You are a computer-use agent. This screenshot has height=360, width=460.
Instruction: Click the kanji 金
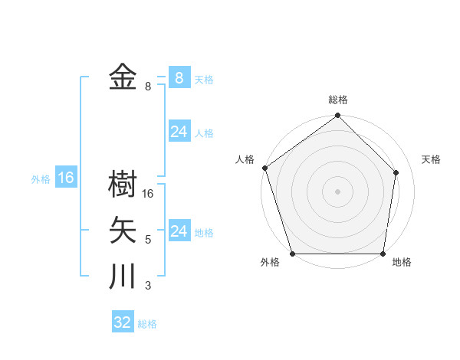coord(123,77)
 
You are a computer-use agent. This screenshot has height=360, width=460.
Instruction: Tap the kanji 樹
coord(123,185)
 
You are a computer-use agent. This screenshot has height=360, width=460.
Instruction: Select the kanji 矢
coord(123,231)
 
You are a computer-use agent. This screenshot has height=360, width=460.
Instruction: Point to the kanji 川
coord(123,277)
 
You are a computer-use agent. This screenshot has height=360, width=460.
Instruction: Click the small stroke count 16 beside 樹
coord(148,195)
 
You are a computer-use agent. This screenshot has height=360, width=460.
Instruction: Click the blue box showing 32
coord(123,322)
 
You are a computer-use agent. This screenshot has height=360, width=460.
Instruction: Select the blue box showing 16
coord(66,178)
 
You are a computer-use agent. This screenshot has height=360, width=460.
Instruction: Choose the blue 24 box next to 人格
coord(179,132)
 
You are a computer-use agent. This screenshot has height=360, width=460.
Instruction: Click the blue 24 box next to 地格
coord(179,231)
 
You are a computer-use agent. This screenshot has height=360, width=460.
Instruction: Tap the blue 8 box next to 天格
coord(179,78)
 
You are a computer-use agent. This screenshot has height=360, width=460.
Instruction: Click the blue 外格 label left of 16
coord(41,180)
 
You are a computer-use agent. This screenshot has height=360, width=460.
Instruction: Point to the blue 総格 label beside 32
coord(147,324)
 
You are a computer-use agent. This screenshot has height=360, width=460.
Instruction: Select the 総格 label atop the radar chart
coord(338,100)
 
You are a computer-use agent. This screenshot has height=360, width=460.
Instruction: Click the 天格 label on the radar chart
coord(432,159)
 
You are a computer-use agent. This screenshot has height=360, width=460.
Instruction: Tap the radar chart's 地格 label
coord(402,262)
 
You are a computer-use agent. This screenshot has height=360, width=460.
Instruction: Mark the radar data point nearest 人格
coord(264,168)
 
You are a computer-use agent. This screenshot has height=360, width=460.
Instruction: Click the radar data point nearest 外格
coord(293,254)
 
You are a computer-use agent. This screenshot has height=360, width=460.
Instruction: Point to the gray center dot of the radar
coord(338,191)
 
